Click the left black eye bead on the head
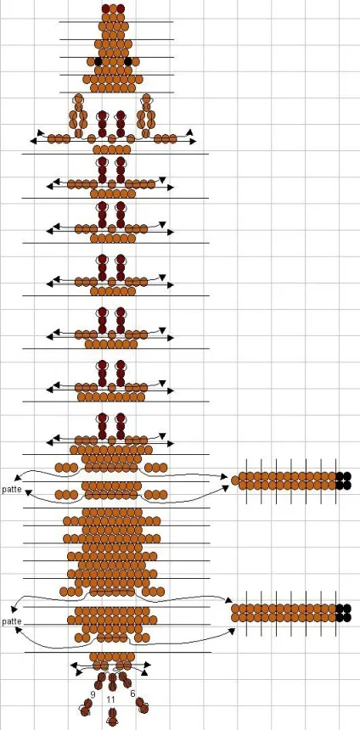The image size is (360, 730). [98, 61]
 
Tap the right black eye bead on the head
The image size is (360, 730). [128, 61]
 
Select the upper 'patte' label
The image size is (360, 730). [11, 490]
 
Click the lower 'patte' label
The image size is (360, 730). [11, 621]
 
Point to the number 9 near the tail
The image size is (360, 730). [93, 694]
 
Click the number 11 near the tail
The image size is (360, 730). [110, 699]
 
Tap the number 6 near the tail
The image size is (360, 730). [132, 693]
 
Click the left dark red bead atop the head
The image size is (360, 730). [106, 8]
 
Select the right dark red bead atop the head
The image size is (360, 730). [121, 8]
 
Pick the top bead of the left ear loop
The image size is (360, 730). [78, 98]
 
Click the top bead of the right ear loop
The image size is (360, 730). [147, 98]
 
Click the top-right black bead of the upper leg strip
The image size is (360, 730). [340, 476]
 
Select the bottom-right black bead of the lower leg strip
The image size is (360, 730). [347, 617]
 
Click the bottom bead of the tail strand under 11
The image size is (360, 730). [112, 722]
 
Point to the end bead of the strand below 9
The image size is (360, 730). [84, 711]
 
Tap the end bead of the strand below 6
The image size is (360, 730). [143, 709]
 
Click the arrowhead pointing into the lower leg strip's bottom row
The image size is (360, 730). [232, 631]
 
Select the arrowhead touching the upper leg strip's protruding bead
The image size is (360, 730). [224, 477]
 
